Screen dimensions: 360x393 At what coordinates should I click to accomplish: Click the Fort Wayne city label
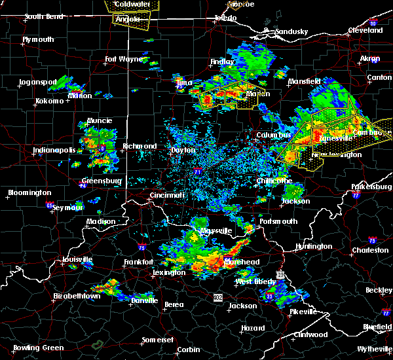(x=124, y=60)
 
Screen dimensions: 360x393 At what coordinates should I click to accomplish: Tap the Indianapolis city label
(x=53, y=151)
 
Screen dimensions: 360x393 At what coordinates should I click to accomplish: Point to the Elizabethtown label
(x=77, y=296)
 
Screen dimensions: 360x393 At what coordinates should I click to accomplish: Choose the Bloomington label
(x=29, y=193)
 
